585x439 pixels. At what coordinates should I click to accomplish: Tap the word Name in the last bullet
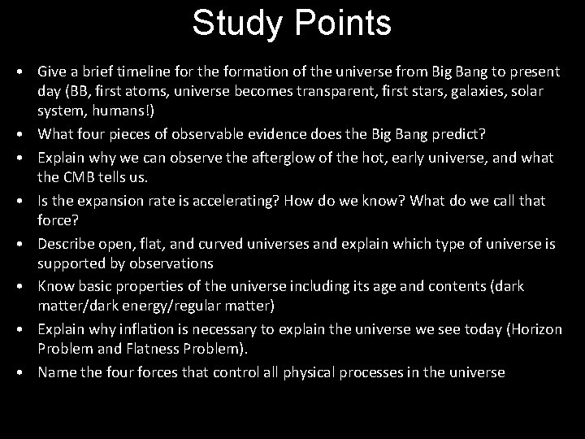point(55,373)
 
